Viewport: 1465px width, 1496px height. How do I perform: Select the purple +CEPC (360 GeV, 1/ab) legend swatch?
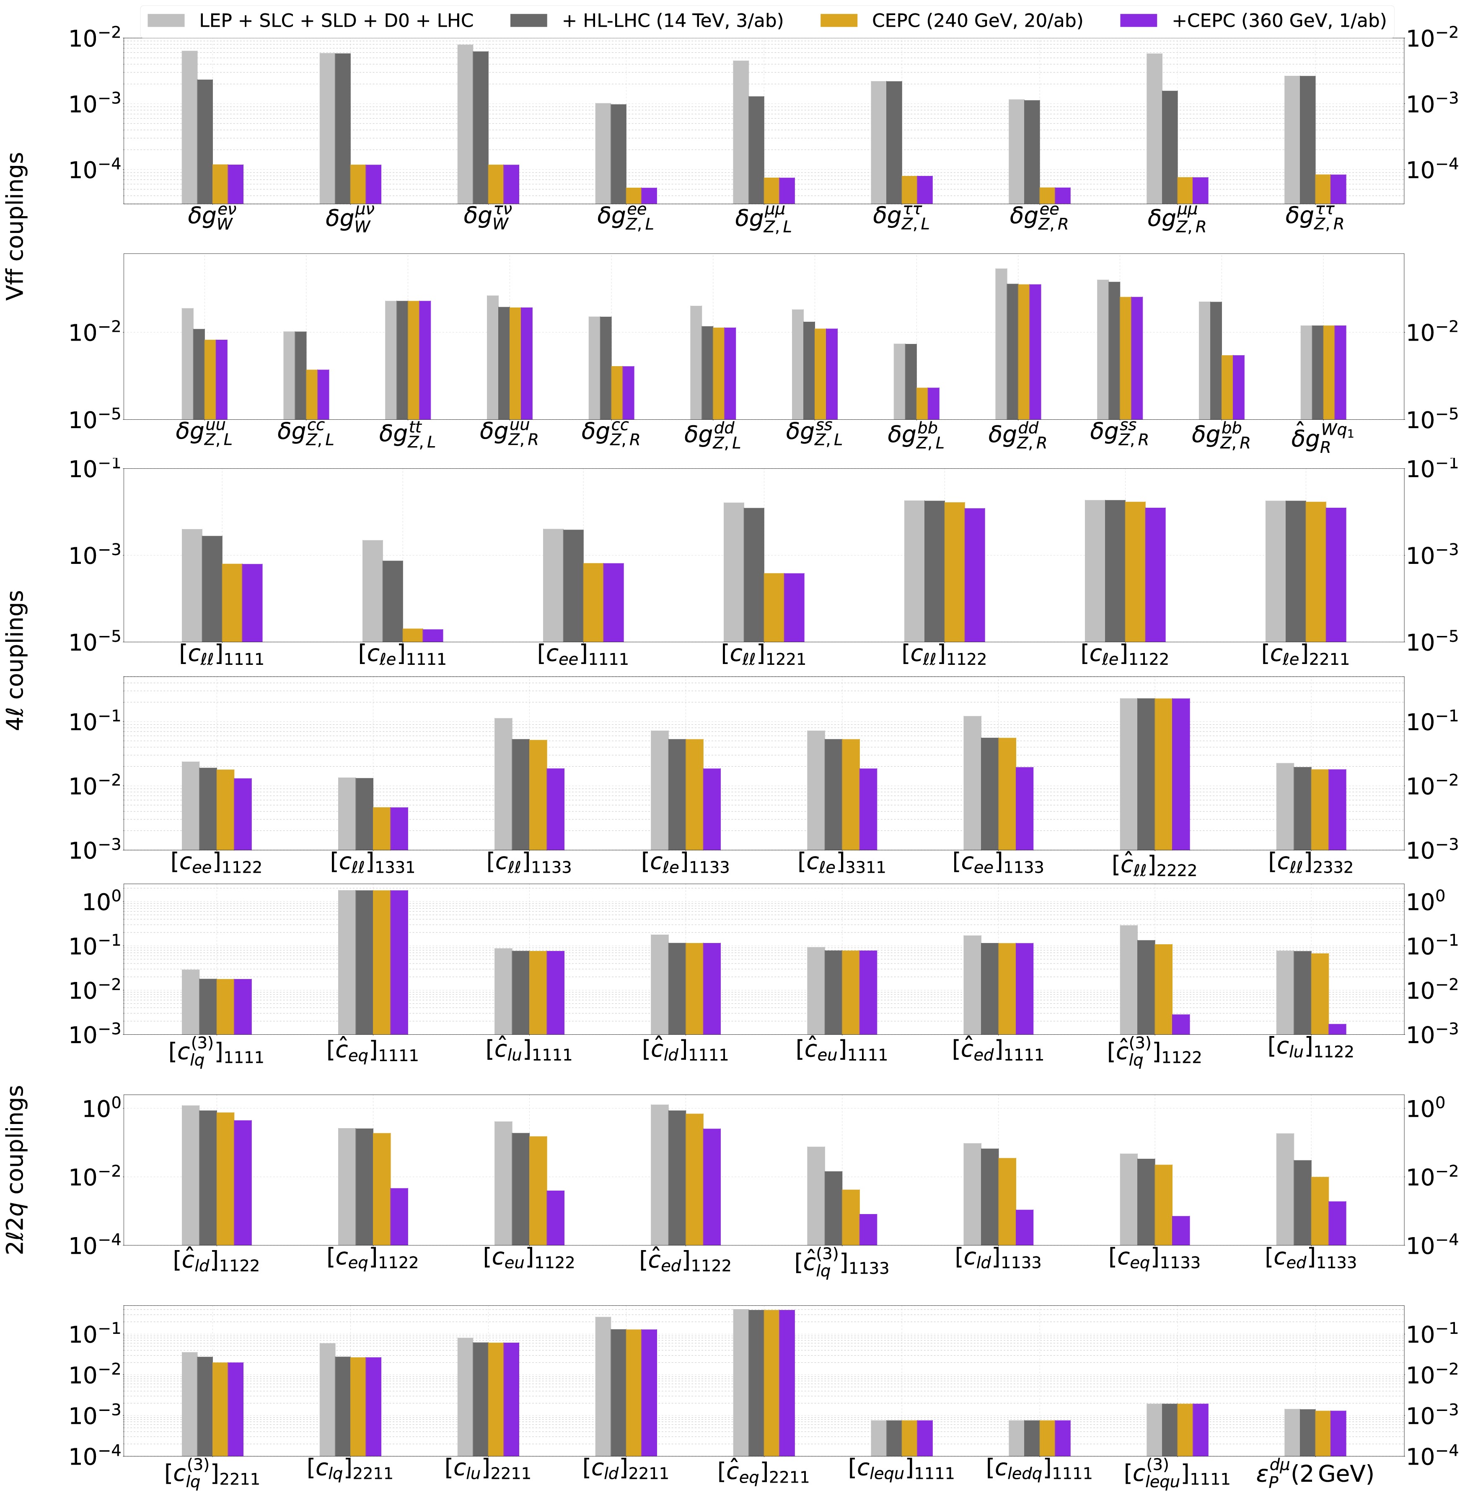[1139, 21]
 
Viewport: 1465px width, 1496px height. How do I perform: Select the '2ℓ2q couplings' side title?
[16, 1169]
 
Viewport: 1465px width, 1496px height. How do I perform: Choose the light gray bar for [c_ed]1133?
[1285, 1189]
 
